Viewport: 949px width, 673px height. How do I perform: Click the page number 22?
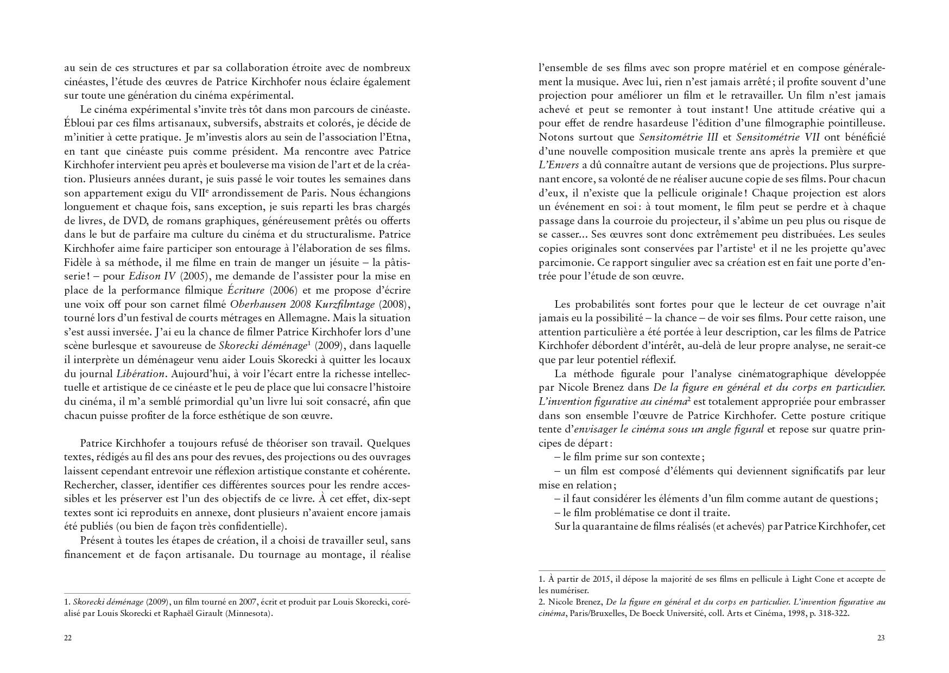tap(68, 638)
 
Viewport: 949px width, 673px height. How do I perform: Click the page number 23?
tap(881, 638)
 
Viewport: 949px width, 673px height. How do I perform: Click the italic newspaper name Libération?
tap(141, 373)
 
